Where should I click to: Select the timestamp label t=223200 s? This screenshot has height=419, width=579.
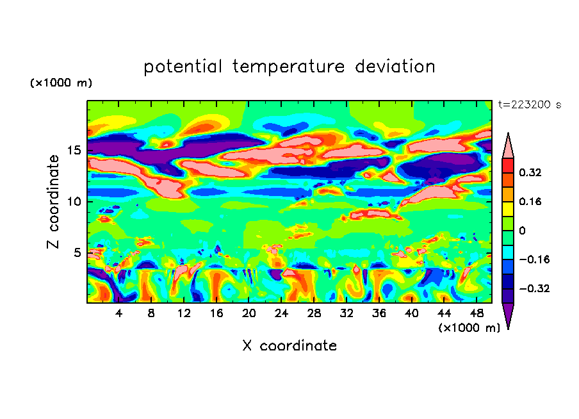coord(529,105)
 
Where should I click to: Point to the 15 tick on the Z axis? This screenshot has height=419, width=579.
coord(75,151)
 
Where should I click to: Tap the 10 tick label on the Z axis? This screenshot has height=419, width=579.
coord(75,202)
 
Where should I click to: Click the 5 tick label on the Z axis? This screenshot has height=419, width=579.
coord(78,253)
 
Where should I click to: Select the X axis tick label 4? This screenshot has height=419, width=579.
coord(119,313)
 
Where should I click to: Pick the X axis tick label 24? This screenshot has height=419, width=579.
coord(281,313)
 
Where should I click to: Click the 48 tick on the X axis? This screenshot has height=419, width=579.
coord(476,313)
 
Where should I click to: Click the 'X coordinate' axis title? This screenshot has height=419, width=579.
coord(289,346)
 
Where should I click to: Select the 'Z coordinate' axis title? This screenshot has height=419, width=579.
coord(54,202)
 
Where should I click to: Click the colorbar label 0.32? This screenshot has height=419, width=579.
coord(530,173)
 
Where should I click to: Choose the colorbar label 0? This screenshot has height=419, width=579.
coord(522,231)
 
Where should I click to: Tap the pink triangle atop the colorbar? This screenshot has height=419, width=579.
coord(508,146)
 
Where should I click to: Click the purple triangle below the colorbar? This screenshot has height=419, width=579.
coord(508,315)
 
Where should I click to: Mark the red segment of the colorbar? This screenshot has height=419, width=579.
coord(508,165)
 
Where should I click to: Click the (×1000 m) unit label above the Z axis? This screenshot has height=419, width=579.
coord(61,83)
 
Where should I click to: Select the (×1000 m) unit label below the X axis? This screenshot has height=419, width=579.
coord(469,328)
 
